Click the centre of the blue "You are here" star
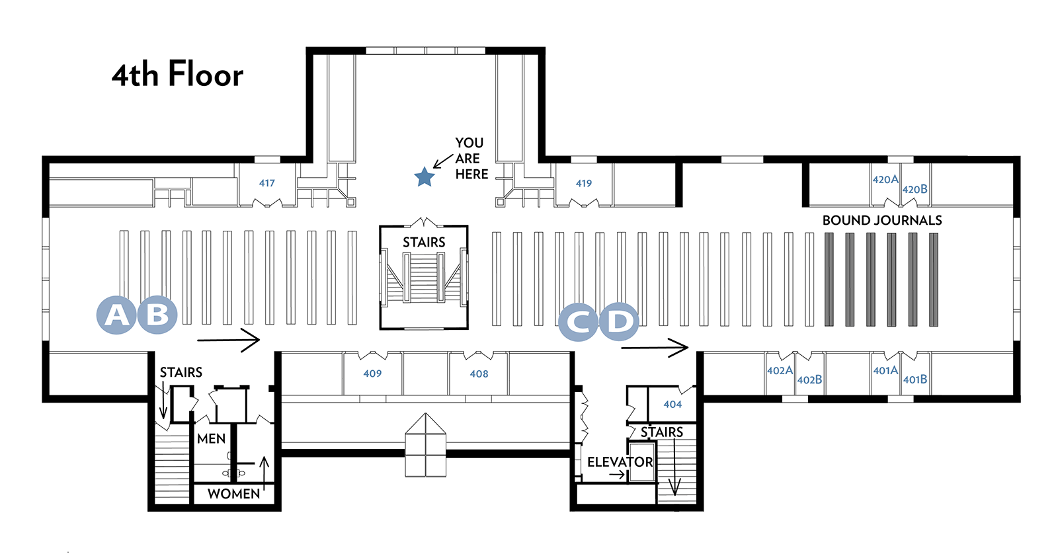pos(424,177)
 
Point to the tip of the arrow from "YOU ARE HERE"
pos(434,168)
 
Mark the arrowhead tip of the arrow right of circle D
pos(688,348)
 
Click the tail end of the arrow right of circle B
pos(198,340)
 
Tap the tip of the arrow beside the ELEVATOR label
pos(625,475)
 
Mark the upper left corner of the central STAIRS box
pos(380,226)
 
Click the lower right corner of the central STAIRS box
pos(468,329)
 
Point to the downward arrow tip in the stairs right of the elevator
pos(675,496)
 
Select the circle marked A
pos(116,315)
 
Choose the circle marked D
pos(619,322)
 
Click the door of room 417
pos(267,203)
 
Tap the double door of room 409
pos(373,355)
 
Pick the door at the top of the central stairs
pos(424,221)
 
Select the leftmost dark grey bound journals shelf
pos(829,280)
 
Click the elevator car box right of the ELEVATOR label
pos(642,461)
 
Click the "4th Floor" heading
pos(178,75)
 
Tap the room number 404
pos(672,405)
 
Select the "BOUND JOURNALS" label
pos(882,220)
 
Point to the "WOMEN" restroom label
pos(234,494)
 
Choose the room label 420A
pos(885,180)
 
